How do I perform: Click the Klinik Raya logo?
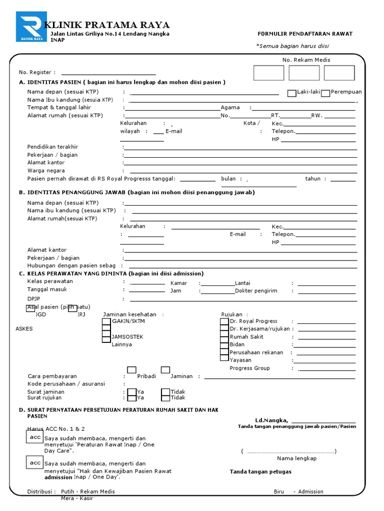coord(31,27)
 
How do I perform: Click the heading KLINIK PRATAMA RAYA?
coord(107,25)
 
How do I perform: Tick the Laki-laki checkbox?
coord(291,93)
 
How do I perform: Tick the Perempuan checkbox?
coord(325,93)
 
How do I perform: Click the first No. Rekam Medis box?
coord(268,73)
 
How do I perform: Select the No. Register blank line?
coord(108,73)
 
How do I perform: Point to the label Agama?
coord(230,108)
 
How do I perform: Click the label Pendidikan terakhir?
coord(53,147)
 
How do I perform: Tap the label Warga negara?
coord(46,171)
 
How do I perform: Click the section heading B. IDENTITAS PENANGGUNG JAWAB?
coord(136,192)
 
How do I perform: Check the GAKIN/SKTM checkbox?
coord(106,322)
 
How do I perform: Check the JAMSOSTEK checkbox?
coord(106,338)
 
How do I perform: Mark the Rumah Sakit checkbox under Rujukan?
coord(224,337)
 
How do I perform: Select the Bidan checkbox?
coord(224,345)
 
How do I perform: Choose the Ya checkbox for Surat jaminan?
coord(131,393)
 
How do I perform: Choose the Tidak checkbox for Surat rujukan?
coord(165,398)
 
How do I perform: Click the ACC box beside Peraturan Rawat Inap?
coord(35,437)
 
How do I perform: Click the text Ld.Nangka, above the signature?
coord(272,421)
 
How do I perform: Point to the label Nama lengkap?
coord(296,459)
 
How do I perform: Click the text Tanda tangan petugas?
coord(260,472)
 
